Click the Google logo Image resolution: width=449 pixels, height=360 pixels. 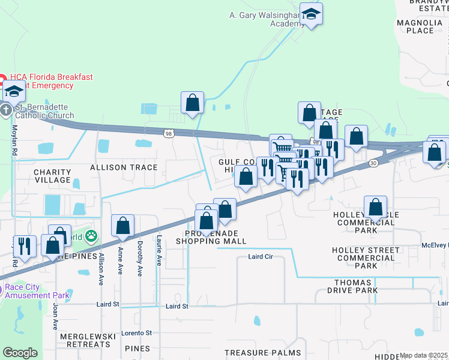tap(20, 353)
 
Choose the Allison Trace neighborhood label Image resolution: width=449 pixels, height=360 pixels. tap(124, 167)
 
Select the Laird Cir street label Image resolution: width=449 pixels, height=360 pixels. tap(261, 257)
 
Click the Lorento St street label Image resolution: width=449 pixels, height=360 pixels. tap(135, 332)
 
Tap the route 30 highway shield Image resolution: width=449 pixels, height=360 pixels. tap(374, 163)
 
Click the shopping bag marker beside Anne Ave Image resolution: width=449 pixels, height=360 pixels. tap(122, 226)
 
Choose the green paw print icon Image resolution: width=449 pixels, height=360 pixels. tap(91, 235)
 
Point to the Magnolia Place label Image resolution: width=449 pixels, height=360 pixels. tap(424, 26)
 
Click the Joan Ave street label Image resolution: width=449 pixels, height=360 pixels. tap(55, 316)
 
